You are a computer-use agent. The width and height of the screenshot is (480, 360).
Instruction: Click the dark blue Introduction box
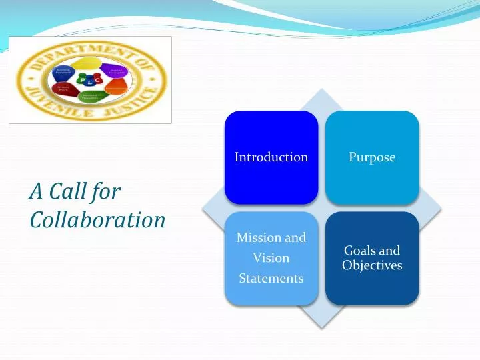click(x=271, y=157)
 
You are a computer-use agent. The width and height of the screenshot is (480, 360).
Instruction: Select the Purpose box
click(x=372, y=157)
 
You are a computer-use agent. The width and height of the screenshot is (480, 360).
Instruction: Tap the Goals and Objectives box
click(x=372, y=258)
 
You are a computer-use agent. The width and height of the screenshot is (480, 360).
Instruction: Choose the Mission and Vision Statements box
click(x=271, y=258)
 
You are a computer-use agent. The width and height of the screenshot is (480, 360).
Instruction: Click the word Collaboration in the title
click(x=97, y=219)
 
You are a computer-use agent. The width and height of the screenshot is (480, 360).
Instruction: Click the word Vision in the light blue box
click(x=271, y=258)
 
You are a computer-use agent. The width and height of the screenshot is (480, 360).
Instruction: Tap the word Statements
click(x=271, y=278)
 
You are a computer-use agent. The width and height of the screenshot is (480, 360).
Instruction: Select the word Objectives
click(x=372, y=265)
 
